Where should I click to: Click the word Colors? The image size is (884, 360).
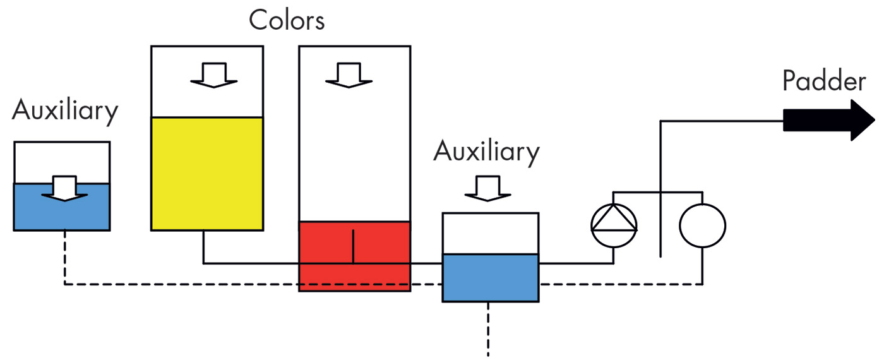tap(287, 20)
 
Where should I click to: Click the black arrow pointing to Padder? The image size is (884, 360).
tap(828, 120)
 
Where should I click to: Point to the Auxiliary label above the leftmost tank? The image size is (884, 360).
tap(65, 111)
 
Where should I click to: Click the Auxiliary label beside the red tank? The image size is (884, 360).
tap(487, 152)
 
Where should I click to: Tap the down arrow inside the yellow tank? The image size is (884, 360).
tap(214, 75)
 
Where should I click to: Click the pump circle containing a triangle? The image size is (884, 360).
tap(614, 225)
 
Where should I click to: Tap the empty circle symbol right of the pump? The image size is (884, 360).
tap(702, 225)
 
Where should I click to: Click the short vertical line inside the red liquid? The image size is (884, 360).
tap(354, 245)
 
